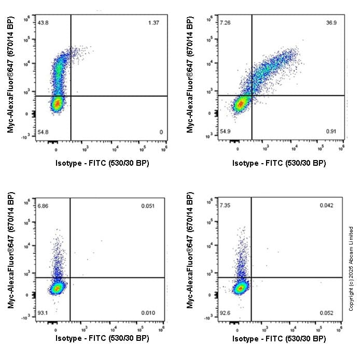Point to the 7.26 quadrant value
[225, 23]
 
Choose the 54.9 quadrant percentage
[225, 132]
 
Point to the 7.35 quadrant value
[225, 206]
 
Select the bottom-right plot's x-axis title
[280, 339]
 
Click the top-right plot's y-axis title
[190, 75]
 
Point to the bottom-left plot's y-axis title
[11, 251]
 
